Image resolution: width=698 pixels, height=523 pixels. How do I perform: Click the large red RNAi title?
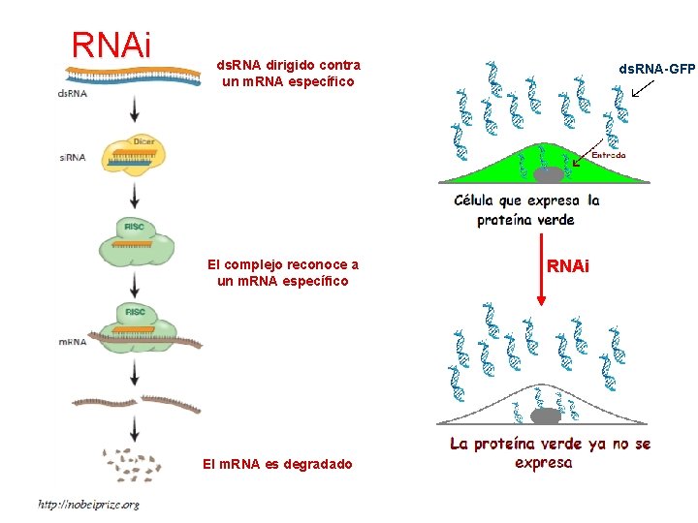[x=111, y=44]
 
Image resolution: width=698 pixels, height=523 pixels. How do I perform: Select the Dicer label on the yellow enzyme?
[x=144, y=141]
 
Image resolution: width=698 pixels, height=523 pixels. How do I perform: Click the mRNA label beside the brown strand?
[x=73, y=342]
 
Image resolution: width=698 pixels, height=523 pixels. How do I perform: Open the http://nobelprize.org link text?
[x=88, y=504]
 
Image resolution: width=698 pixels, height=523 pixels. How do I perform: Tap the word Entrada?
[x=609, y=154]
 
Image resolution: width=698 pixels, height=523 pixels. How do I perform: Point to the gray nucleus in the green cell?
[x=548, y=175]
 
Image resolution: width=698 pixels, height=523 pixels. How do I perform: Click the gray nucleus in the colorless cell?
[x=546, y=416]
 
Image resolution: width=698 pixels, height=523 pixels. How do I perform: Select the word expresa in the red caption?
[x=544, y=463]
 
